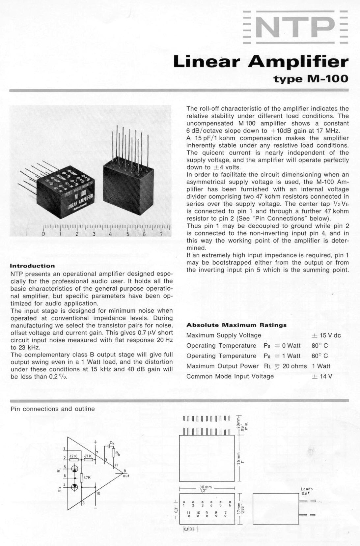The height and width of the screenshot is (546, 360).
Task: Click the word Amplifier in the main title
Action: (x=298, y=62)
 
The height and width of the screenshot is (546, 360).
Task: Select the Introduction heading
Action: (x=33, y=266)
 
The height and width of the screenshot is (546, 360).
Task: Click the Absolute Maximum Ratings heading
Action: (x=236, y=325)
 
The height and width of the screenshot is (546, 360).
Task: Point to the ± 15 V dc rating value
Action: (x=326, y=335)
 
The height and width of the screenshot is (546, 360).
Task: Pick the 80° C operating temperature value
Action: (x=320, y=346)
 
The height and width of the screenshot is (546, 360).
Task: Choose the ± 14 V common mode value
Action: (x=322, y=376)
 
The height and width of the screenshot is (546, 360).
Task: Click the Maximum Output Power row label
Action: (x=223, y=366)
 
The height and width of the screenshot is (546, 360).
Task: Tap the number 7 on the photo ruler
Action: (x=161, y=234)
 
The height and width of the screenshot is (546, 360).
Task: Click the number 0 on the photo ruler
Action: (x=43, y=234)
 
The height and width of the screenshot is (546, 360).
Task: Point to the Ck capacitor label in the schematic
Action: (x=112, y=443)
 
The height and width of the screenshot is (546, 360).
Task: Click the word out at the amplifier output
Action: (x=126, y=476)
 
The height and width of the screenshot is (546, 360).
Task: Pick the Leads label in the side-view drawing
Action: (x=306, y=489)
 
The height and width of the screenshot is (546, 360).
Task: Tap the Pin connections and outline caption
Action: (x=53, y=409)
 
